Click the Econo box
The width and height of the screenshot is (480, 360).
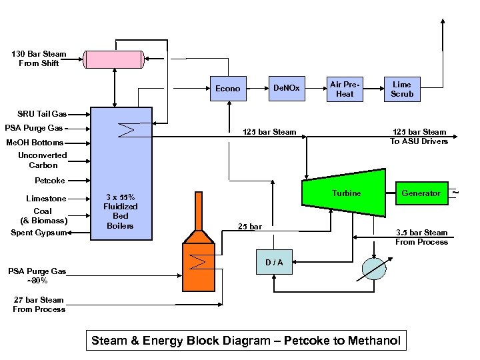[228, 89]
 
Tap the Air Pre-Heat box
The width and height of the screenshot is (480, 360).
[345, 89]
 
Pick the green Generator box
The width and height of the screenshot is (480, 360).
[421, 193]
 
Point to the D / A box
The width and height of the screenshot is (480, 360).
[274, 262]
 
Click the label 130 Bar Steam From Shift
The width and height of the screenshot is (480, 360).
[39, 59]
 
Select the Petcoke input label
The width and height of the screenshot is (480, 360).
[50, 181]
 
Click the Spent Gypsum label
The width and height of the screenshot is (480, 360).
[39, 233]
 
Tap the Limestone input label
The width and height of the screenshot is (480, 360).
[47, 199]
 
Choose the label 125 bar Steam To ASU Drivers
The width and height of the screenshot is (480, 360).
[419, 137]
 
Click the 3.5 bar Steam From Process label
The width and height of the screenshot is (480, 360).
[421, 237]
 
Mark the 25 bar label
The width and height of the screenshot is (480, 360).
[249, 227]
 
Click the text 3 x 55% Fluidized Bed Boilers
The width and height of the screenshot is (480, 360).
[121, 211]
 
